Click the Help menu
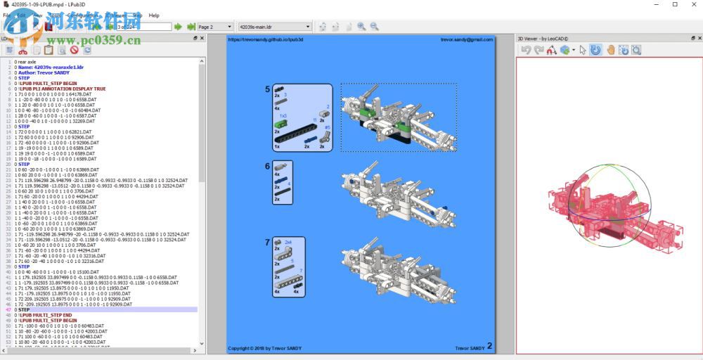[x=154, y=15]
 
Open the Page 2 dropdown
[x=215, y=27]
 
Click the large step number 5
[x=267, y=89]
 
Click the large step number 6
[x=267, y=166]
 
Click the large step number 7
[x=267, y=242]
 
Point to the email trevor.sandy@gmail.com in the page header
[x=467, y=40]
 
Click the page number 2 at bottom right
[x=490, y=347]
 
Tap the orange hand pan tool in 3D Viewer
[x=610, y=50]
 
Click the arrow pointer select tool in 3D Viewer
[x=583, y=50]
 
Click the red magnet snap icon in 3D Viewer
[x=552, y=50]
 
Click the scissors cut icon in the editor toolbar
[x=22, y=50]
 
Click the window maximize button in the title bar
[x=675, y=5]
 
